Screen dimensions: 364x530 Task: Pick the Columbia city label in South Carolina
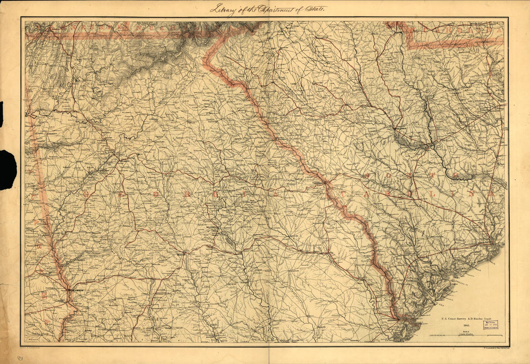tap(401, 129)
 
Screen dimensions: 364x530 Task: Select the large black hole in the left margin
tap(8, 170)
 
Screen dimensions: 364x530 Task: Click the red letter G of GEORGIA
tap(88, 194)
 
